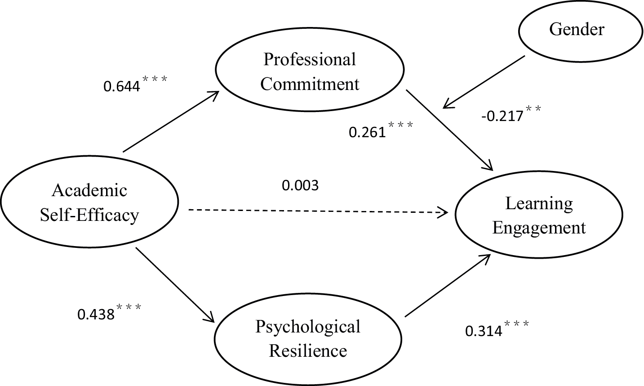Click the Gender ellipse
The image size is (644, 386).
[577, 30]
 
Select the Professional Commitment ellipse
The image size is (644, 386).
[310, 72]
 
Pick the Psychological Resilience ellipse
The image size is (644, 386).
[308, 339]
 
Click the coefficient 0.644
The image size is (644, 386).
[122, 86]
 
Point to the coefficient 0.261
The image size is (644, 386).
[367, 132]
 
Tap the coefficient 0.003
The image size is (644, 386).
[300, 185]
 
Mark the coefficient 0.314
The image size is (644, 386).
[483, 331]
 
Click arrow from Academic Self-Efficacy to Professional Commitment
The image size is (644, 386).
[171, 121]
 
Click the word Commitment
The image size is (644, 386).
[310, 84]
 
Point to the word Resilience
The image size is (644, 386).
[308, 351]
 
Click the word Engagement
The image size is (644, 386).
[539, 228]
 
